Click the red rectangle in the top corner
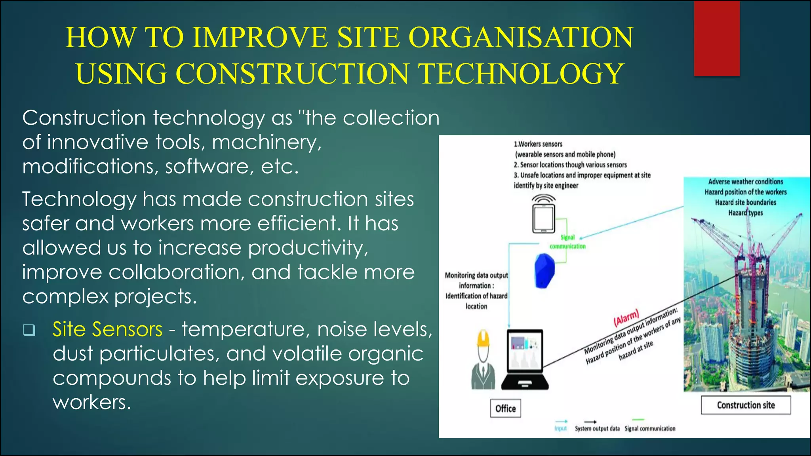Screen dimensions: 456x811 point(717,39)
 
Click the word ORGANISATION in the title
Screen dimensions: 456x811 point(521,38)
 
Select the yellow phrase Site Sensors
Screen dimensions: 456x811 point(107,329)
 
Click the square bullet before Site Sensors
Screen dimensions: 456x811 point(29,330)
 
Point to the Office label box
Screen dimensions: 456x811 point(505,408)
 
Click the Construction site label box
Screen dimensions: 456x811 point(746,405)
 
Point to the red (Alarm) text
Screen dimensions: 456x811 point(626,317)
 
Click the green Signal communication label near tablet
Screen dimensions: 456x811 point(567,242)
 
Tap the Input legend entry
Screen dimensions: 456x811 point(560,428)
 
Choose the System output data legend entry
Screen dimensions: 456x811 point(597,428)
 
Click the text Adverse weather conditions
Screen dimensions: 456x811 point(745,182)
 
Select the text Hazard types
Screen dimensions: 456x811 point(745,213)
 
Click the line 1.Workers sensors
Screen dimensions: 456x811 point(538,144)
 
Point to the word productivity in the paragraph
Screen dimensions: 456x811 point(308,248)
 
